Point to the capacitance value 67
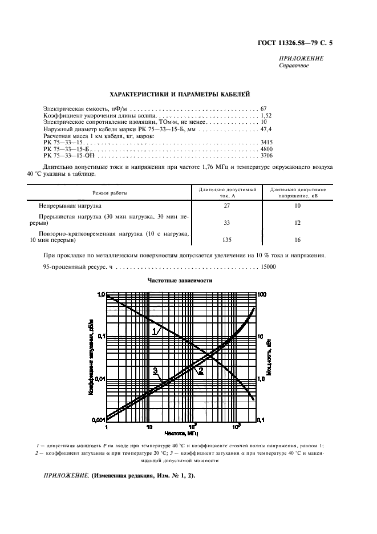264,108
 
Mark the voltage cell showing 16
298,240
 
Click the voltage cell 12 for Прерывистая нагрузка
298,222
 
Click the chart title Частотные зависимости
180,281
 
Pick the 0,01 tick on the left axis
98,379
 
